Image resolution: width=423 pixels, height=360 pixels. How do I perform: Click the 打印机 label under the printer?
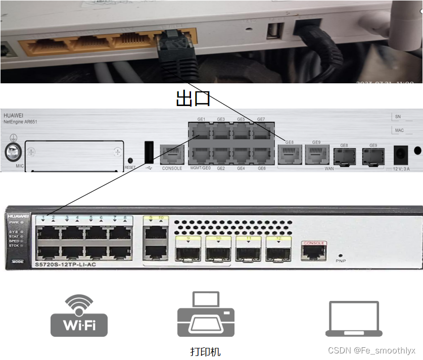[x=205, y=351]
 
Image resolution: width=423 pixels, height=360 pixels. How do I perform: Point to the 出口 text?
[x=193, y=98]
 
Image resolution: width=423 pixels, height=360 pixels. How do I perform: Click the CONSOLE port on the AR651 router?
[x=172, y=155]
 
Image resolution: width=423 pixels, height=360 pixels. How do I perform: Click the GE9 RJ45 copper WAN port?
[x=316, y=156]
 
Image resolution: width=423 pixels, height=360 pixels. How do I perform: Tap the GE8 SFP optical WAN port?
[x=344, y=157]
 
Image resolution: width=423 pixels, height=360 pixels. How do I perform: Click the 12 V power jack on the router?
[x=401, y=155]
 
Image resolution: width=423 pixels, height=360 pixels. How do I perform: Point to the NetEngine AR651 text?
[x=20, y=122]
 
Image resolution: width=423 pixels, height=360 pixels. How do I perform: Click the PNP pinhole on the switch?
[x=340, y=255]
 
